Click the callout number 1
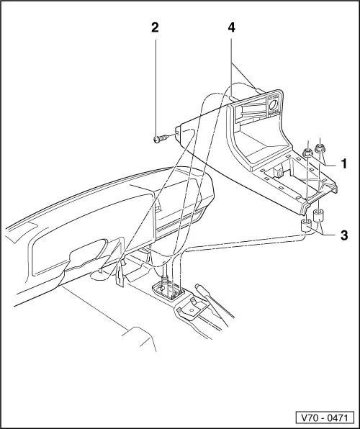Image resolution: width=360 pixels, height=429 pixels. point(343,164)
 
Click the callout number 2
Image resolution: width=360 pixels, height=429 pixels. point(155,29)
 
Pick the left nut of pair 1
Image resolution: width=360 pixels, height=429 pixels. point(307,152)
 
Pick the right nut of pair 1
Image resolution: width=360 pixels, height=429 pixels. point(319,149)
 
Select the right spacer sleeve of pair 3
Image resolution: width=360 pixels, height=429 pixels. point(320,217)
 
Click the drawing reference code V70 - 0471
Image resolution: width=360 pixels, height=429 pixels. point(323,417)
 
